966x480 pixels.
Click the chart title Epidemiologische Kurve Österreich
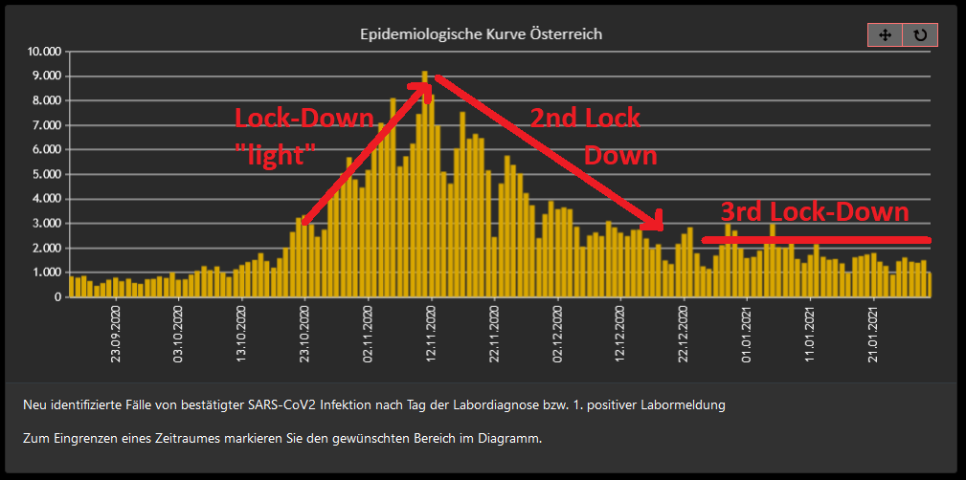coord(481,34)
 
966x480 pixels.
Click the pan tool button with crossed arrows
coord(885,34)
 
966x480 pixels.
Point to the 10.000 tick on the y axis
coord(45,52)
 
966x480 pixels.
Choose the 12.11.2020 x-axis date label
coord(432,331)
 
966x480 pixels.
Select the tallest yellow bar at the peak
coord(425,182)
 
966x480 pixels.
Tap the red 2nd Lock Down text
coord(594,136)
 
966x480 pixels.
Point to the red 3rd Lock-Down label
coord(813,211)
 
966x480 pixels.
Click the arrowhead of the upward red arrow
coord(421,89)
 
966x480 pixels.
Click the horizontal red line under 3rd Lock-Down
coord(815,239)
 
